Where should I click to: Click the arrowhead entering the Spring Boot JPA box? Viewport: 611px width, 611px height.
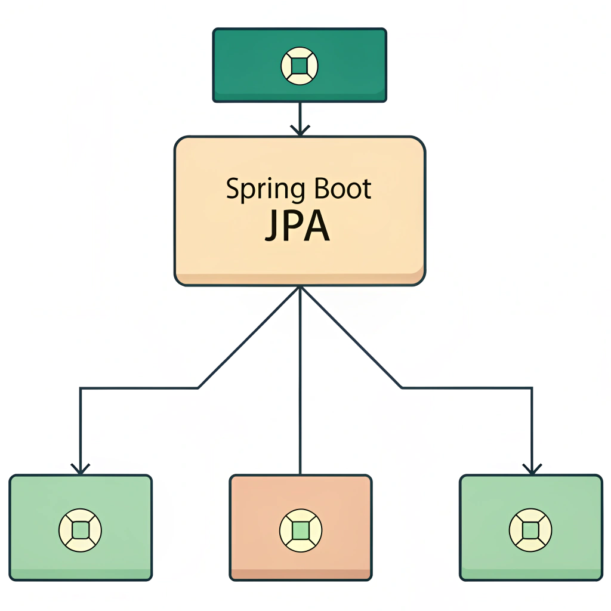(x=300, y=129)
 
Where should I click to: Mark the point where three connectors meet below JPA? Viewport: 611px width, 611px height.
(x=300, y=288)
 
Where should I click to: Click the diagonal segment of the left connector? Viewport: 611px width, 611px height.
(x=248, y=339)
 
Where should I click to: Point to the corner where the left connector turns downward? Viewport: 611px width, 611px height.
(x=81, y=388)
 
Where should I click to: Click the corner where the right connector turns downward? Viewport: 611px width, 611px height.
(x=532, y=388)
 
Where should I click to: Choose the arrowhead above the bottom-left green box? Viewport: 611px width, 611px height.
(x=81, y=469)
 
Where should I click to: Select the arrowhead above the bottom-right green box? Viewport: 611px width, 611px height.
(x=532, y=469)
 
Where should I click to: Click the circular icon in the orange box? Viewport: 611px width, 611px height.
(x=301, y=530)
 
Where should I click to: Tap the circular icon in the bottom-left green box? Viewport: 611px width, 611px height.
(x=81, y=529)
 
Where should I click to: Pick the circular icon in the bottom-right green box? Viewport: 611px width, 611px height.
(x=530, y=529)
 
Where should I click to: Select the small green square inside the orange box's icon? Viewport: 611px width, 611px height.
(x=301, y=530)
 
